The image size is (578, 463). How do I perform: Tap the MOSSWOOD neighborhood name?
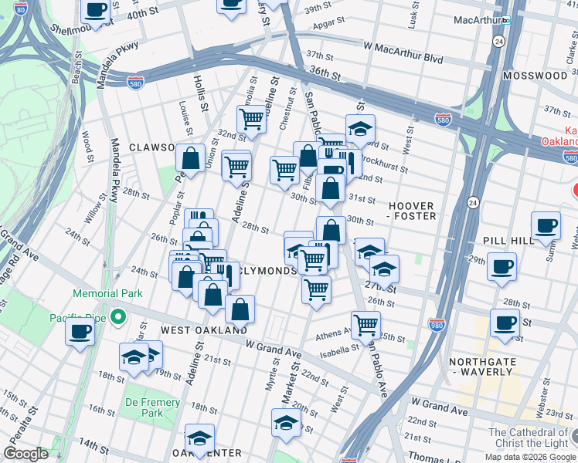pyautogui.click(x=535, y=76)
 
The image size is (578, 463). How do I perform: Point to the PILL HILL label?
pyautogui.click(x=509, y=241)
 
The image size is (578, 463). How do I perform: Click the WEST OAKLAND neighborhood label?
pyautogui.click(x=204, y=330)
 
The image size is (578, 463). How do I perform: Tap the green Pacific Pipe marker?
pyautogui.click(x=117, y=316)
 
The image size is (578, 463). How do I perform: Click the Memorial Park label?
pyautogui.click(x=108, y=293)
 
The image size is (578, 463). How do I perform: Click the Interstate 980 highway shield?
pyautogui.click(x=437, y=325)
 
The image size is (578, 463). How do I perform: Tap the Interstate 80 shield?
pyautogui.click(x=21, y=8)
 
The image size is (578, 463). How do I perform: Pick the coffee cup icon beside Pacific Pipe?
pyautogui.click(x=80, y=333)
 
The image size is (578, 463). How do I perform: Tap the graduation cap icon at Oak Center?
pyautogui.click(x=200, y=438)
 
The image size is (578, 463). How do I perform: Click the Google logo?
pyautogui.click(x=26, y=454)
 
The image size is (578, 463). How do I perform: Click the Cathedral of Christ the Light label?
pyautogui.click(x=529, y=438)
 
